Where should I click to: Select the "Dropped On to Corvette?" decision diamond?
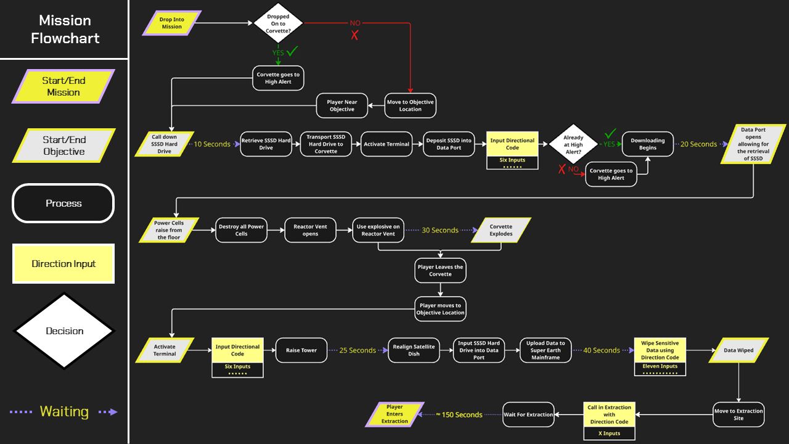(x=279, y=23)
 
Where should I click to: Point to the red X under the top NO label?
(x=354, y=35)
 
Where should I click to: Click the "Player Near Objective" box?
(x=342, y=105)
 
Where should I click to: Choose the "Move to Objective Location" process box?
(x=410, y=105)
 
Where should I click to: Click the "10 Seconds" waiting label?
(x=212, y=144)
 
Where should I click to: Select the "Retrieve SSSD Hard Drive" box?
(x=266, y=144)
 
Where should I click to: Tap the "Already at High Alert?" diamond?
(x=573, y=144)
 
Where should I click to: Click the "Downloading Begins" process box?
(x=647, y=144)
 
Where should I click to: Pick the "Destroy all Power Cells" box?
(x=241, y=230)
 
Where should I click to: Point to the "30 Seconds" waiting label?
(x=439, y=230)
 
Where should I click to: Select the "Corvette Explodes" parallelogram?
(x=501, y=230)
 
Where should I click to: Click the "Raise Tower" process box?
(x=301, y=350)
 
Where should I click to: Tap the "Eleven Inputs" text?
(x=660, y=366)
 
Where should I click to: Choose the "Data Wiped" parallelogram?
(x=738, y=350)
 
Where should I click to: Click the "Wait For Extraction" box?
(x=528, y=414)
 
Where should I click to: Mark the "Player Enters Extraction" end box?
(x=394, y=414)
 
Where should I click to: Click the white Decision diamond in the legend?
(x=64, y=331)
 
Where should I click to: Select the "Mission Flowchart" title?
(x=65, y=29)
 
